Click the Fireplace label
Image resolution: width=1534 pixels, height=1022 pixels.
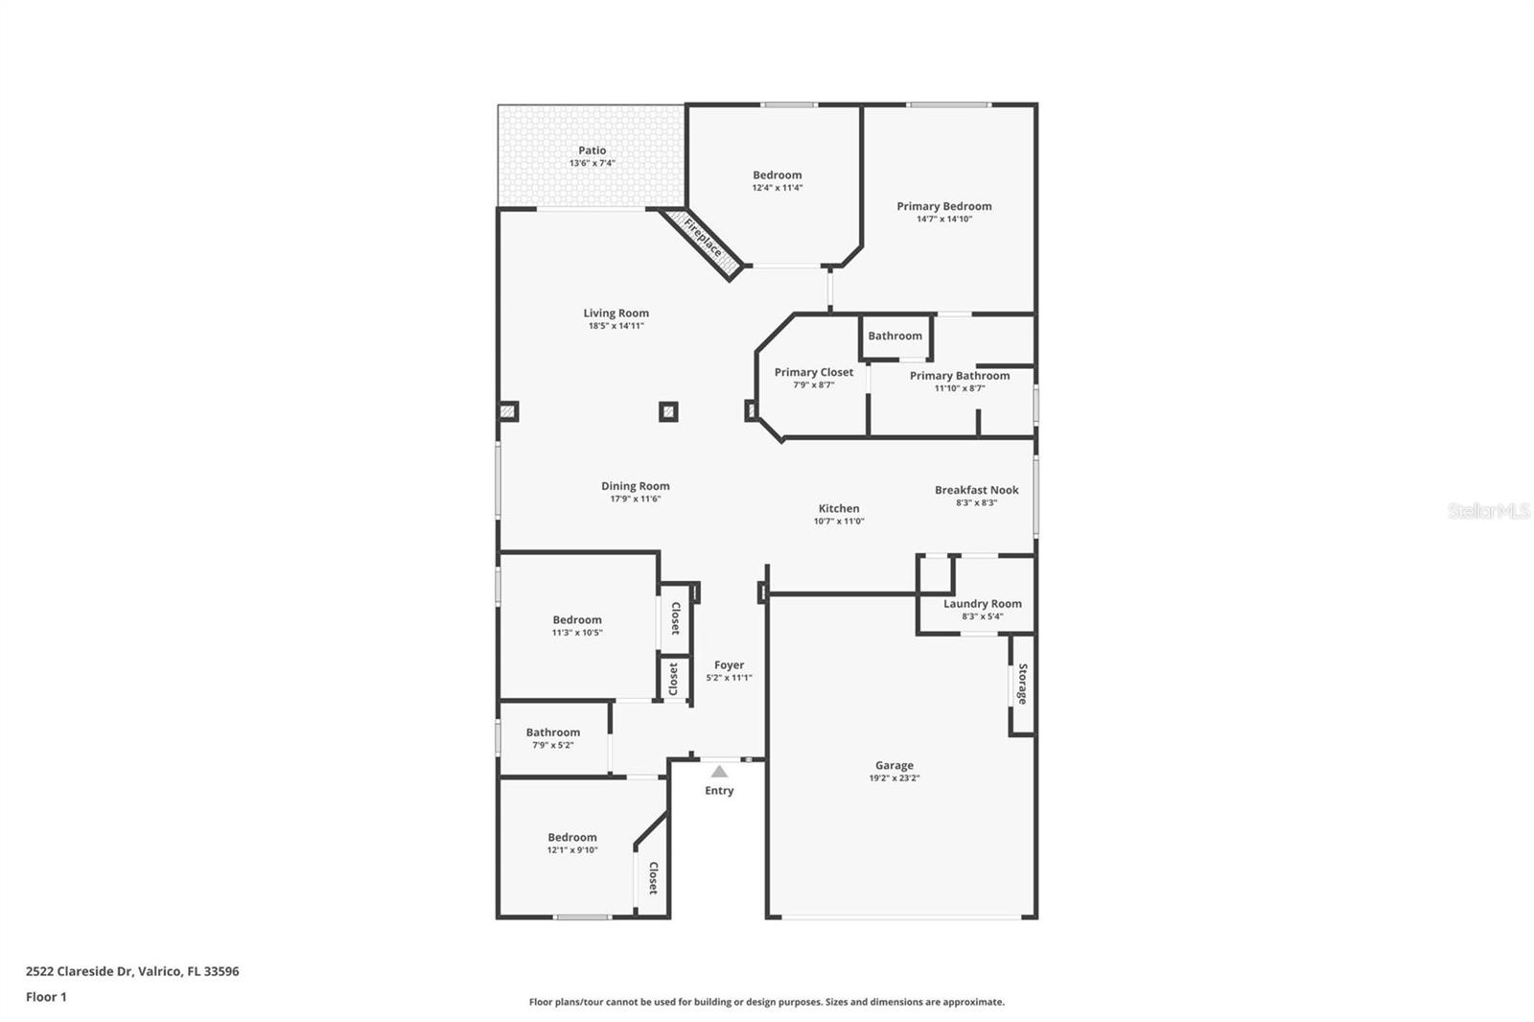(703, 237)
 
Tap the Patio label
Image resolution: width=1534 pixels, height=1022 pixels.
(592, 151)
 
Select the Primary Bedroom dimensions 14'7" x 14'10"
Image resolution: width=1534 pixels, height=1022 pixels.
(943, 220)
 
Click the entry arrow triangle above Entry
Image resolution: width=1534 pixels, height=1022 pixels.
(719, 771)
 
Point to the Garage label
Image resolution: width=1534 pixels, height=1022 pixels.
(894, 765)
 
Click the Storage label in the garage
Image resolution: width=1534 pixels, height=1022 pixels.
(1023, 684)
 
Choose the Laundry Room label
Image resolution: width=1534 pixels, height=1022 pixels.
(982, 603)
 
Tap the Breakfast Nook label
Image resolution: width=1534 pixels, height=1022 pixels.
(976, 490)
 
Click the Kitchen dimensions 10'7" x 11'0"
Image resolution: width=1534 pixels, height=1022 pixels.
(838, 522)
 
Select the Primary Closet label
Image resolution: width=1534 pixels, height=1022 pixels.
(813, 372)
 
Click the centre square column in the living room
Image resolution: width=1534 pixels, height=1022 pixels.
(668, 412)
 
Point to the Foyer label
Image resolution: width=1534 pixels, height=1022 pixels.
(729, 664)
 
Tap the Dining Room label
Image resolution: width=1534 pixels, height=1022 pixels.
(635, 486)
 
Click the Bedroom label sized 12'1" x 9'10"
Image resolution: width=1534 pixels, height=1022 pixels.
(571, 837)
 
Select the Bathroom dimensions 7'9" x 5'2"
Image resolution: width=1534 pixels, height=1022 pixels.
(552, 745)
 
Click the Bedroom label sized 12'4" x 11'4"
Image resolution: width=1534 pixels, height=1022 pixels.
(777, 174)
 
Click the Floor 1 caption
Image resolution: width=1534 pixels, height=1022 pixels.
(46, 997)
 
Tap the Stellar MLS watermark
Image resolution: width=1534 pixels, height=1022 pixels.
(1488, 512)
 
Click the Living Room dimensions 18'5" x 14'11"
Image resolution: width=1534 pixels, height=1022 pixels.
(616, 326)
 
